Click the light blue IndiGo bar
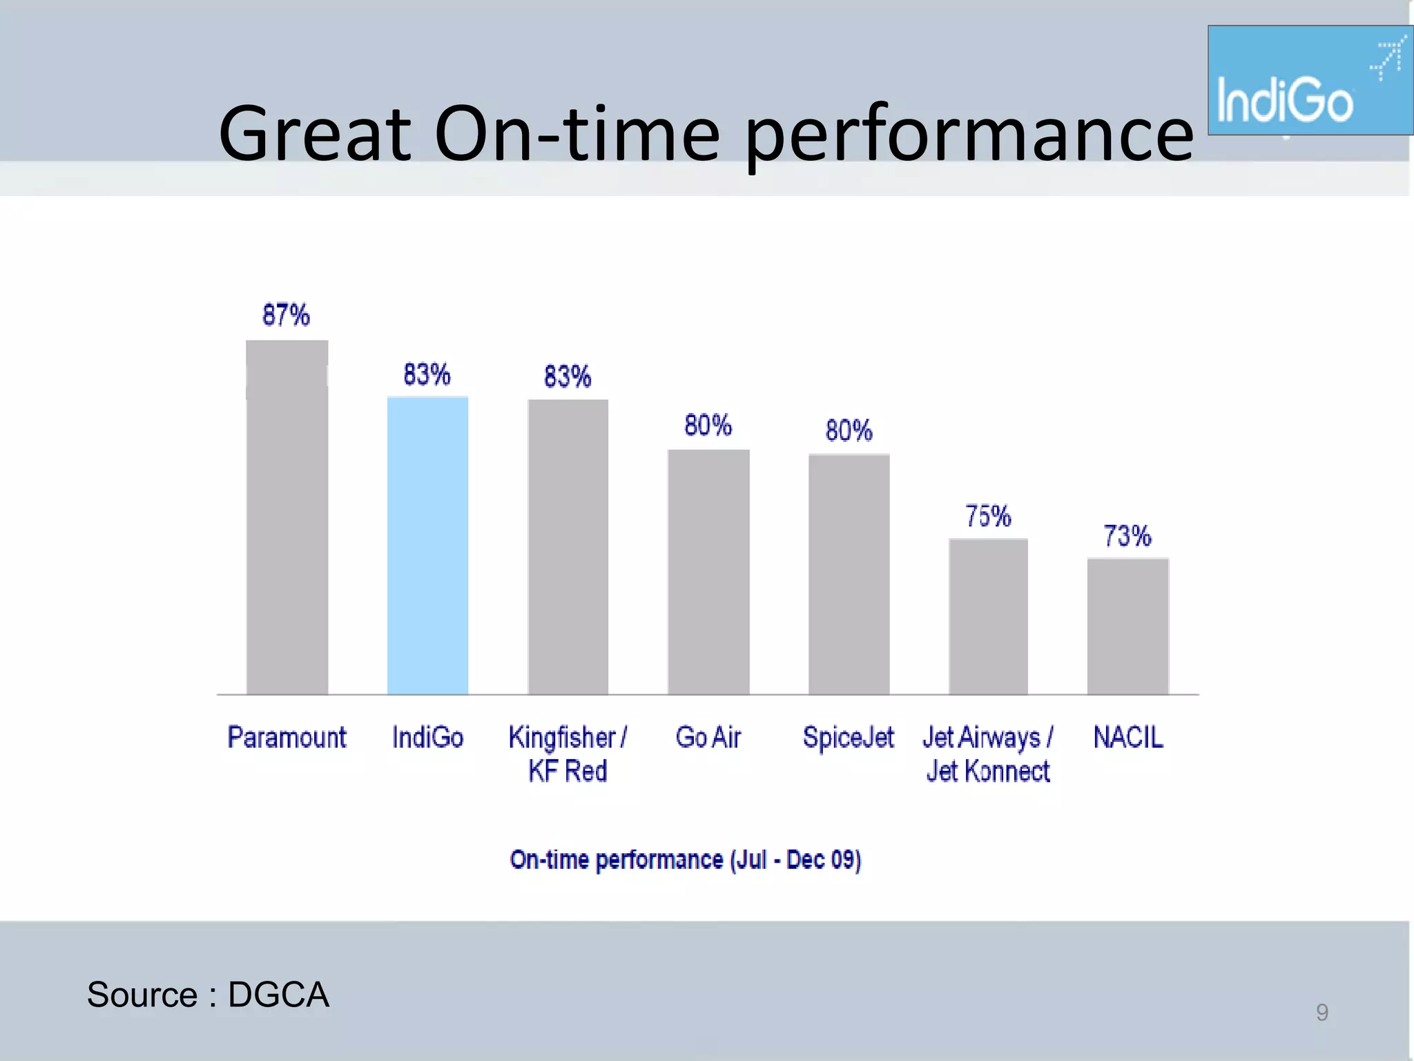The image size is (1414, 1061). pos(427,546)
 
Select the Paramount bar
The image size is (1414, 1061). pos(287,518)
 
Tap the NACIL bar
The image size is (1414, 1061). pos(1127,626)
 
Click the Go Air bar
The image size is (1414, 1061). pos(708,572)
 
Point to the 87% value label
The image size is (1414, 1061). pos(286,315)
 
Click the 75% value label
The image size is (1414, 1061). pos(988,516)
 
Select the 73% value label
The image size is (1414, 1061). pos(1127,535)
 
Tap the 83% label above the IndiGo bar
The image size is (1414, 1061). pos(427,374)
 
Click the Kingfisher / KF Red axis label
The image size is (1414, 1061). pos(568,754)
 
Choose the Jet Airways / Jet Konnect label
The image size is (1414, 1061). pos(988,754)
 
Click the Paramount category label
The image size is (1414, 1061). pos(287,737)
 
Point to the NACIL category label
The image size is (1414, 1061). pos(1128,737)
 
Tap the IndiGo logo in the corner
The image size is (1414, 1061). pos(1310,81)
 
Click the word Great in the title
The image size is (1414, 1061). pos(315,133)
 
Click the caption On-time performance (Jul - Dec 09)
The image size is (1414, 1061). pos(685,859)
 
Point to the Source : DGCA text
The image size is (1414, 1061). pos(208,995)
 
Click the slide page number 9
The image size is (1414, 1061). pos(1321,1012)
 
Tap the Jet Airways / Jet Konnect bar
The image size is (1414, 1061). pos(988,617)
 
